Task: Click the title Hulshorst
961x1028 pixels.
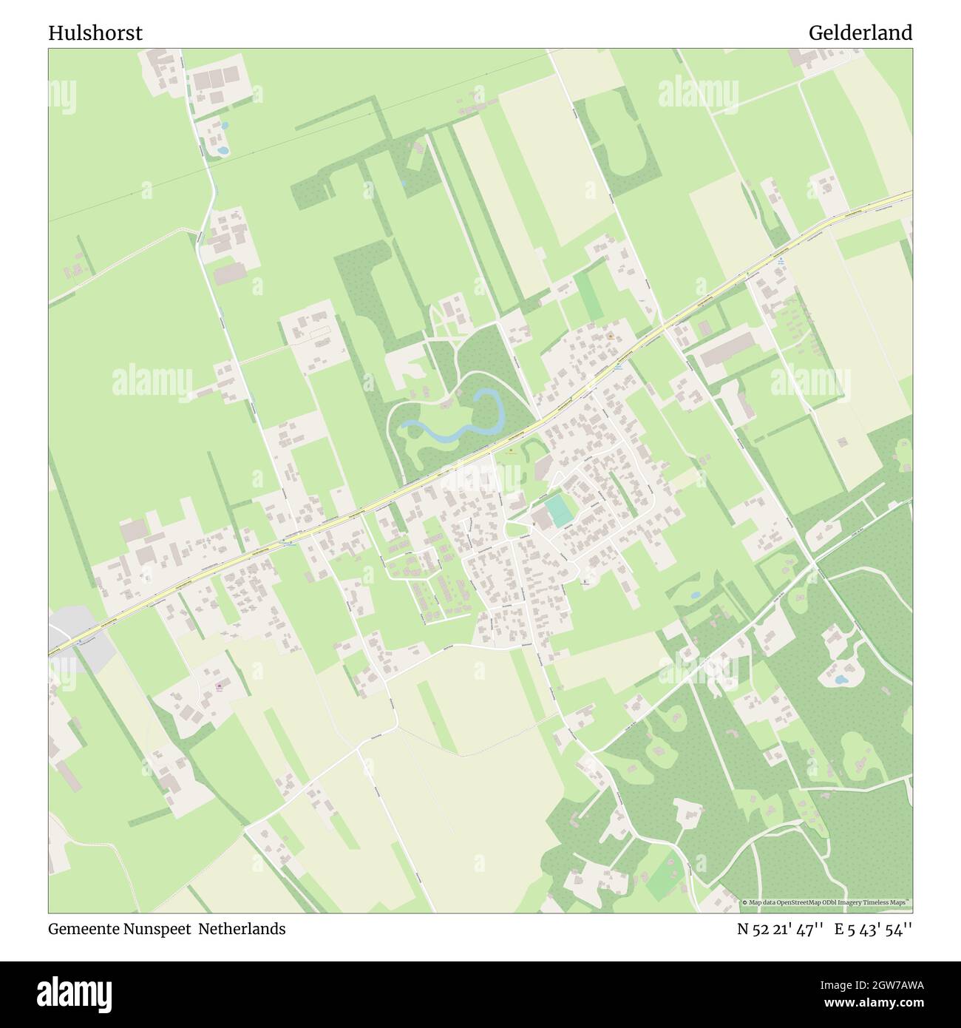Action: click(x=95, y=33)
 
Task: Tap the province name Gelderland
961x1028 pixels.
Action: click(x=860, y=33)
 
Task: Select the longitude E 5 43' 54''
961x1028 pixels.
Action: click(x=873, y=929)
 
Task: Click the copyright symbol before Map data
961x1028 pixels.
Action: click(x=745, y=903)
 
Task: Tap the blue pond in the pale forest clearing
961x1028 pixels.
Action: click(x=841, y=678)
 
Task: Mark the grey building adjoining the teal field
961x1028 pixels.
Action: click(x=541, y=518)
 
